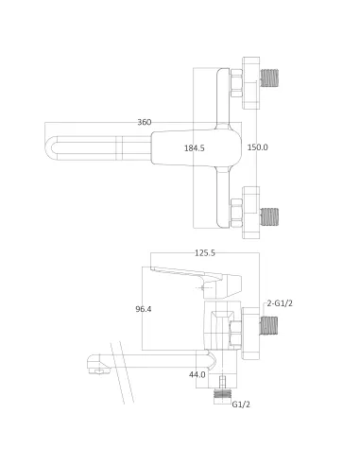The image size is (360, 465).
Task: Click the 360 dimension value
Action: point(145,123)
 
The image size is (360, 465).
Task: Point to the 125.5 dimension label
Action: point(205,253)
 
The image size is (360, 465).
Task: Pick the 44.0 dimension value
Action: point(197,375)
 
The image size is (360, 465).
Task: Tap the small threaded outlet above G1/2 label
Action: point(224,387)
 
